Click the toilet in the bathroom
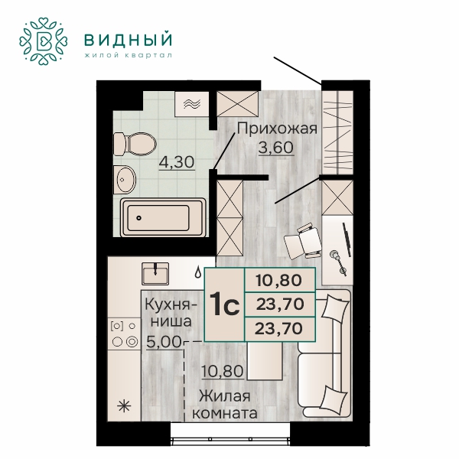pos(135,144)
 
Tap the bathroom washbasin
pos(125,180)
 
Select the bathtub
pos(164,217)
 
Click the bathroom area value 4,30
pos(177,162)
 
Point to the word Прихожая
pos(277,129)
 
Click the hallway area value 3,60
pos(275,148)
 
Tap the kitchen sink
pos(155,274)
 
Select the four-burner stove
pos(125,334)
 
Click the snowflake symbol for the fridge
pos(124,406)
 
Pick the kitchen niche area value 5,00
pos(164,342)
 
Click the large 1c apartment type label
pos(224,304)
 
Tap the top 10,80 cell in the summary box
pos(279,281)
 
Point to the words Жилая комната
pos(225,405)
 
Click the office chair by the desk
pos(303,241)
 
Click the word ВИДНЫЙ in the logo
pos(128,40)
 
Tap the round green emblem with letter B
pos(44,41)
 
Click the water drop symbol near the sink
pos(198,272)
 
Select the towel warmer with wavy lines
pos(192,104)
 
